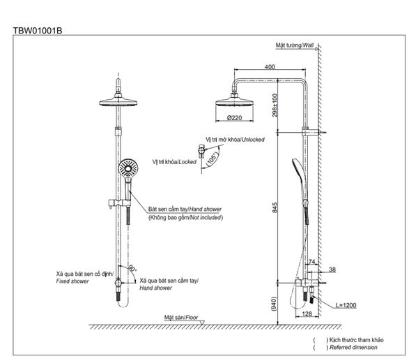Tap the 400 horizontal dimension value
[x=269, y=68]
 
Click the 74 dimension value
[x=311, y=261]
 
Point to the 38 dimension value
[x=332, y=269]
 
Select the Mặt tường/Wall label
[x=295, y=44]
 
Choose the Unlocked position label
[x=235, y=140]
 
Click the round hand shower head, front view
[x=127, y=168]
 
